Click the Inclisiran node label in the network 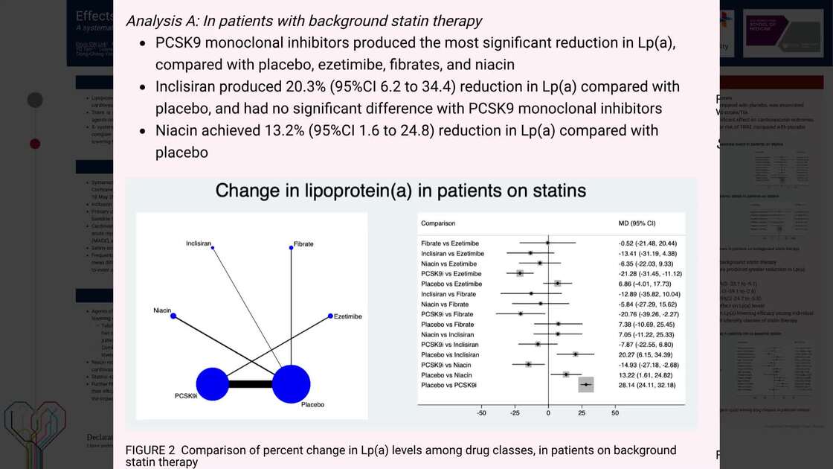click(199, 243)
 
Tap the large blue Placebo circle click(291, 384)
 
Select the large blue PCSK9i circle click(211, 384)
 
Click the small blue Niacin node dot click(173, 316)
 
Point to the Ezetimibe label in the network click(348, 316)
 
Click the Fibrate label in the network click(303, 244)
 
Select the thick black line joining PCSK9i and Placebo click(251, 384)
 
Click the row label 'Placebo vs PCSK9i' click(449, 385)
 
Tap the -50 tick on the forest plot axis click(482, 412)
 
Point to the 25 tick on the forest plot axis click(582, 412)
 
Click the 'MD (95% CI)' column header click(631, 223)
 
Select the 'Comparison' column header click(438, 223)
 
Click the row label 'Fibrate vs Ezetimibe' click(450, 243)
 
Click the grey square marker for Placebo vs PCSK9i click(586, 385)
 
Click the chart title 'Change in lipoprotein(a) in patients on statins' click(400, 191)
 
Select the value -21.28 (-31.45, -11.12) click(650, 274)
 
